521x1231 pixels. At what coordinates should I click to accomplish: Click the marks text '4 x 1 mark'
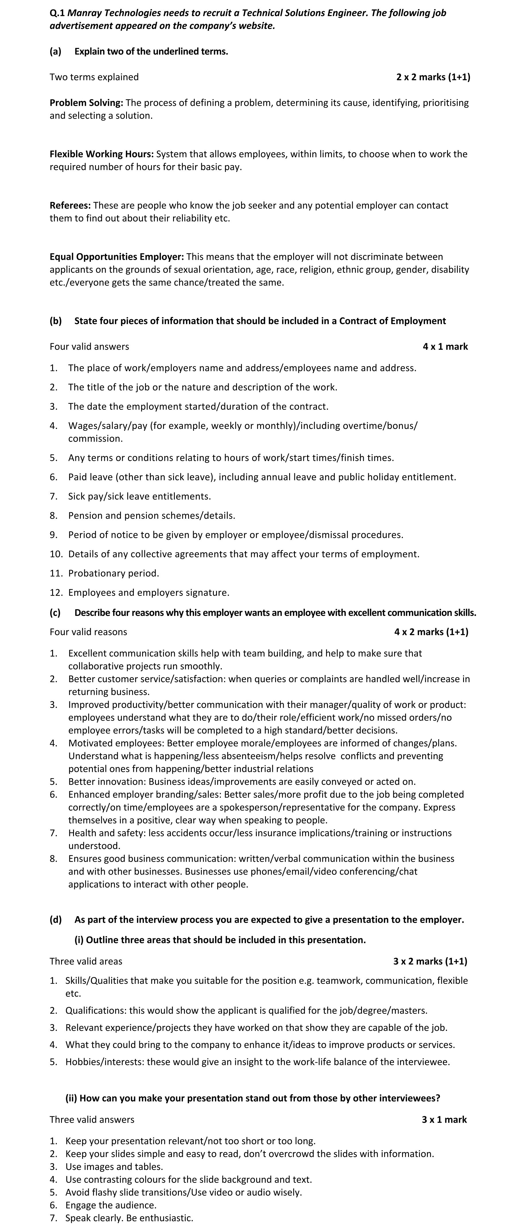pos(445,346)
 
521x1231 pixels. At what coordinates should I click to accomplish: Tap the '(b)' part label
pos(56,321)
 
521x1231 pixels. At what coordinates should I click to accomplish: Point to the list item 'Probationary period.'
pos(114,573)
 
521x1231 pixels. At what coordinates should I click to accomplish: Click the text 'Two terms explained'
pos(94,77)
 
